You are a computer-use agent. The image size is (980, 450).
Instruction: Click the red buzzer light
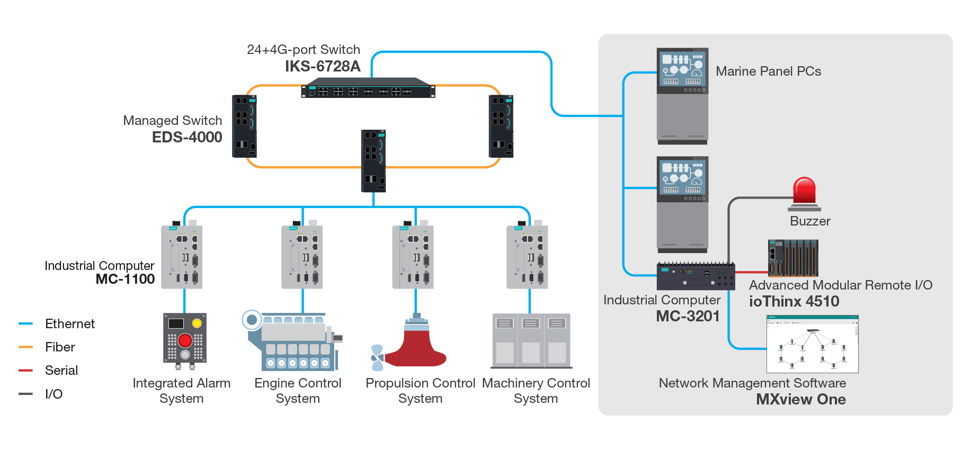click(x=804, y=191)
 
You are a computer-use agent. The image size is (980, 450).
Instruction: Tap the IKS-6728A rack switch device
click(x=368, y=88)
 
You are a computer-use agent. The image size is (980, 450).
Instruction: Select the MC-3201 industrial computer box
click(x=696, y=276)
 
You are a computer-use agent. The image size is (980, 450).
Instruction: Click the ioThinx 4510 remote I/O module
click(x=792, y=258)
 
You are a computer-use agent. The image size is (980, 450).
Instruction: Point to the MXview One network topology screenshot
click(x=812, y=344)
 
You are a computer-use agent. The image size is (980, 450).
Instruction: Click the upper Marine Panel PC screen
click(x=682, y=71)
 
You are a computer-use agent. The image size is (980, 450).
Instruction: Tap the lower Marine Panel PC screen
click(x=682, y=179)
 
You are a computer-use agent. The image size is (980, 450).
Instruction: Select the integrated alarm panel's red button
click(x=185, y=340)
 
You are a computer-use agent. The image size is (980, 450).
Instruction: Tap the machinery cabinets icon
click(x=531, y=341)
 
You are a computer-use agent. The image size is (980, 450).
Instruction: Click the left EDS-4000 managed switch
click(x=244, y=126)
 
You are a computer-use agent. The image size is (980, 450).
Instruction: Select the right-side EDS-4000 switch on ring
click(x=501, y=126)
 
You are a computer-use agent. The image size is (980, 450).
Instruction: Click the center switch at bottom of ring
click(x=373, y=161)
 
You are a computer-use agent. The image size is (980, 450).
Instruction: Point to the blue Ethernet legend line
click(x=26, y=323)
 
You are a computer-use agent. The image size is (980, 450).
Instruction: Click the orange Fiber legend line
click(x=26, y=347)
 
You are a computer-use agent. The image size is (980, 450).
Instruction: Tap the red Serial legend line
click(x=26, y=371)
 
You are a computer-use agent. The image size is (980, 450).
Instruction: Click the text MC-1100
click(x=125, y=279)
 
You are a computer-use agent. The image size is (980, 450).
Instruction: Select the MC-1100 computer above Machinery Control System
click(x=527, y=257)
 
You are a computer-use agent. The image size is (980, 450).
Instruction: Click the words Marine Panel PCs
click(x=768, y=71)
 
